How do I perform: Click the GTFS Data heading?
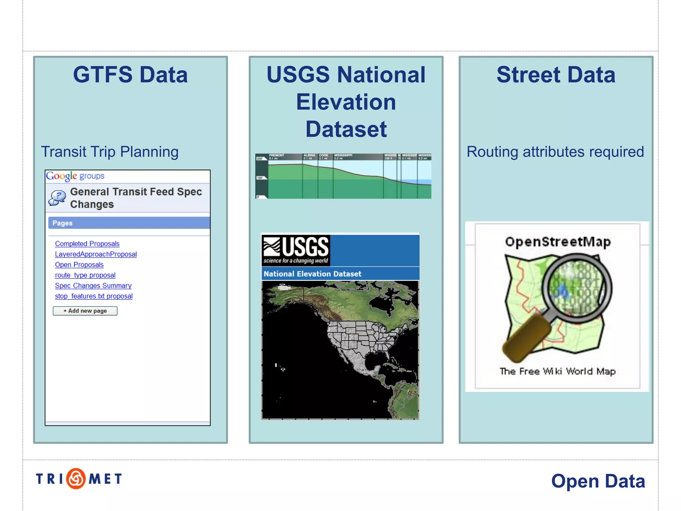130,75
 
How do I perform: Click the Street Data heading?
556,75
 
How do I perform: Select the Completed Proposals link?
87,244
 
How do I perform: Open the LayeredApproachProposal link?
96,254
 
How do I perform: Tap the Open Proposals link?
79,264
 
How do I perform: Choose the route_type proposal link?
85,275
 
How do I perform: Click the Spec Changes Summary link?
93,285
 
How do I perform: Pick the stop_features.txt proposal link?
93,296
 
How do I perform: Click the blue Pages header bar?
129,223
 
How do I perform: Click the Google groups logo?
75,176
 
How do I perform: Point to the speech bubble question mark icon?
57,198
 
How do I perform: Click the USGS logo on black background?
296,250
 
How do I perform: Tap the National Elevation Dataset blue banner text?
312,274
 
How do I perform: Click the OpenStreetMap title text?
558,242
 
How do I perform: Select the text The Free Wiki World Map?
558,371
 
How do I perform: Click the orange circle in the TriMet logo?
76,479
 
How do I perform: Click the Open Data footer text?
598,481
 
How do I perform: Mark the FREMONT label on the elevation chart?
276,155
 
